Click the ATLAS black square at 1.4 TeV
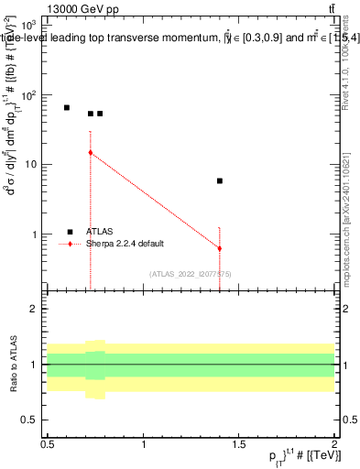[x=220, y=181]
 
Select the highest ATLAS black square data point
[x=67, y=108]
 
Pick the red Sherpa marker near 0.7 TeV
[x=91, y=152]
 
